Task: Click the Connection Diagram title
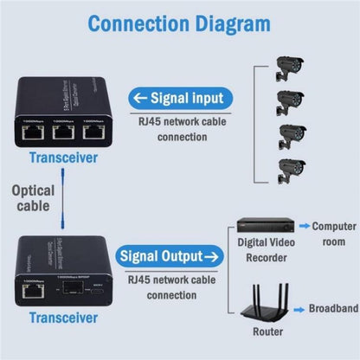click(x=179, y=24)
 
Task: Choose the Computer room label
click(x=332, y=231)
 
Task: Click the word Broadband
click(x=333, y=307)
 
